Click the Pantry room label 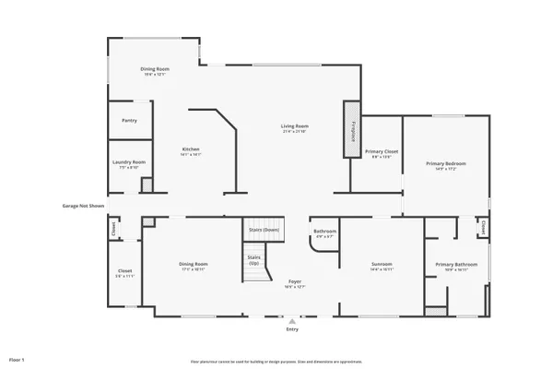(x=129, y=120)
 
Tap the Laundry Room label (x=129, y=162)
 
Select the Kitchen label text (x=191, y=149)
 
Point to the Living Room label (x=295, y=126)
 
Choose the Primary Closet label (x=381, y=151)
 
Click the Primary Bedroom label (x=445, y=163)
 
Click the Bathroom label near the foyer (x=324, y=232)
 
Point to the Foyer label (x=295, y=282)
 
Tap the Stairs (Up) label (x=253, y=260)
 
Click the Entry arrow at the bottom (x=292, y=321)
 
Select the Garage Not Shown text (x=83, y=206)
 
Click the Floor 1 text (x=17, y=358)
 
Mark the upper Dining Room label (x=154, y=69)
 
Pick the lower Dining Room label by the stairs (x=193, y=265)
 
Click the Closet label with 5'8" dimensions (x=124, y=272)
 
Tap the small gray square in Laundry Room (x=146, y=185)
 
